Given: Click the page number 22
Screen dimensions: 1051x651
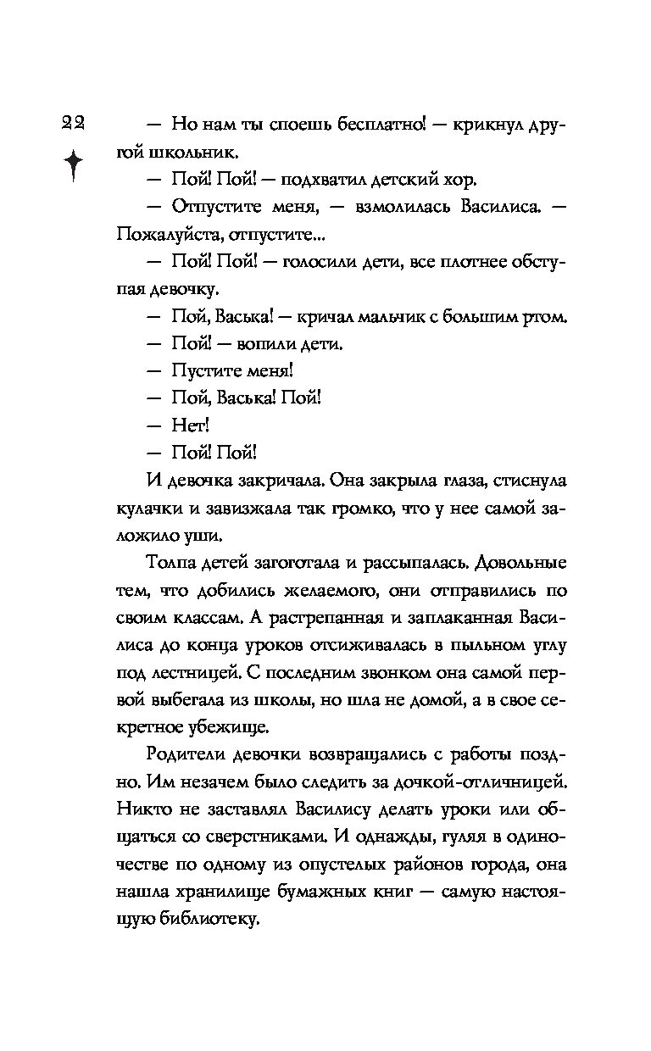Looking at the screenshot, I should (72, 123).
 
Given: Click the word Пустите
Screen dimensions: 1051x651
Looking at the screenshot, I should (209, 370).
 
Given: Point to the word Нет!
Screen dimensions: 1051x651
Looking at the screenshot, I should (190, 424).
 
